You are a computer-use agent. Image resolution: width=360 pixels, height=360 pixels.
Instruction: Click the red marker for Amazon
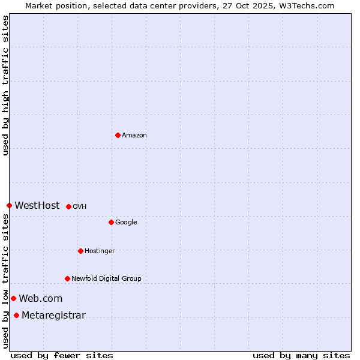(x=118, y=135)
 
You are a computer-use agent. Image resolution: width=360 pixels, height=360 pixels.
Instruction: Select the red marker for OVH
(x=68, y=206)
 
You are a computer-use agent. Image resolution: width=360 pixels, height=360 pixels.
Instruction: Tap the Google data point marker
(x=111, y=222)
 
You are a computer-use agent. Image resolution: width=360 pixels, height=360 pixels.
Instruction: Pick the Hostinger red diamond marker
(x=80, y=251)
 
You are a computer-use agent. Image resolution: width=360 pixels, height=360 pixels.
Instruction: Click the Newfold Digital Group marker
(x=67, y=278)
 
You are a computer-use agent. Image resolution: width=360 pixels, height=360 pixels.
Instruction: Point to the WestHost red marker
(x=9, y=205)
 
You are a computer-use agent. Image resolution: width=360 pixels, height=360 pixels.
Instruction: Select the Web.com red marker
(x=13, y=298)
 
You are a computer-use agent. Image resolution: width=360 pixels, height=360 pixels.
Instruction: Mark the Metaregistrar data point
(x=16, y=316)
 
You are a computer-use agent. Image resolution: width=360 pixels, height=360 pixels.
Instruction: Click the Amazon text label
(x=134, y=136)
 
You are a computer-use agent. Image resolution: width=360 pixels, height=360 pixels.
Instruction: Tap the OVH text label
(x=80, y=207)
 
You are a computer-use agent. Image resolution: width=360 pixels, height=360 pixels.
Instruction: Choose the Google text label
(x=126, y=223)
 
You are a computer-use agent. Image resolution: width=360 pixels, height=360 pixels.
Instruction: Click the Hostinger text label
(x=100, y=251)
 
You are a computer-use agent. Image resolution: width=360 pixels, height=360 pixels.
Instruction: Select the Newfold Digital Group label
(x=106, y=279)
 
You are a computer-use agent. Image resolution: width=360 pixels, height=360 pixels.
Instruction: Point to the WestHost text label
(x=37, y=206)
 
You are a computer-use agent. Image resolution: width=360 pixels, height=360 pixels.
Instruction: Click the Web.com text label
(x=41, y=299)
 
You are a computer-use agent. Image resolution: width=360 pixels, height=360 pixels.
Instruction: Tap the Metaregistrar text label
(x=53, y=316)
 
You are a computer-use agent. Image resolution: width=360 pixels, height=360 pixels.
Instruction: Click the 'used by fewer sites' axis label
(x=62, y=356)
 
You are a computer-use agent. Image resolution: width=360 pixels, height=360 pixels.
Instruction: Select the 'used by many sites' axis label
(x=301, y=356)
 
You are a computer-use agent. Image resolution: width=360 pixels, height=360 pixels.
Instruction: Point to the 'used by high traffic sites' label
(x=6, y=86)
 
